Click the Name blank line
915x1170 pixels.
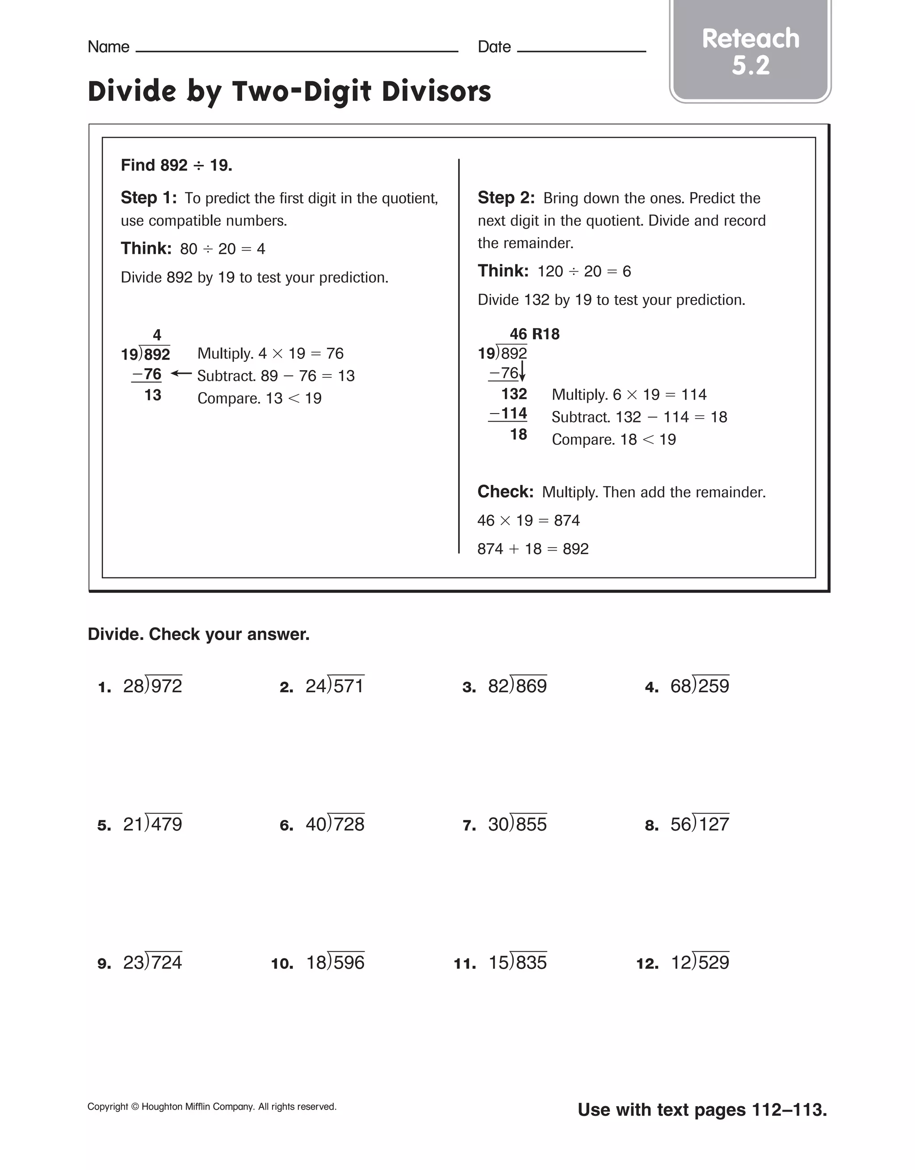pyautogui.click(x=297, y=50)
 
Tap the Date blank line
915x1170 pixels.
pyautogui.click(x=581, y=50)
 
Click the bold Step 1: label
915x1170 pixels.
pyautogui.click(x=148, y=198)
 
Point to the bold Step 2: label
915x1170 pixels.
pyautogui.click(x=505, y=198)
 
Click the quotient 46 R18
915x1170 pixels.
pyautogui.click(x=534, y=334)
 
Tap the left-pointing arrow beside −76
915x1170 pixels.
pyautogui.click(x=181, y=374)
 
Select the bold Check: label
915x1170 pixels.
pyautogui.click(x=505, y=491)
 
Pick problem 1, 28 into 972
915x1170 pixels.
pyautogui.click(x=152, y=686)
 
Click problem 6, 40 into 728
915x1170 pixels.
pyautogui.click(x=335, y=824)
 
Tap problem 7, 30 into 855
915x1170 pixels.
pyautogui.click(x=517, y=824)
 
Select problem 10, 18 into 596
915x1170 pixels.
pyautogui.click(x=335, y=962)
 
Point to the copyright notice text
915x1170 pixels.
pyautogui.click(x=212, y=1107)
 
